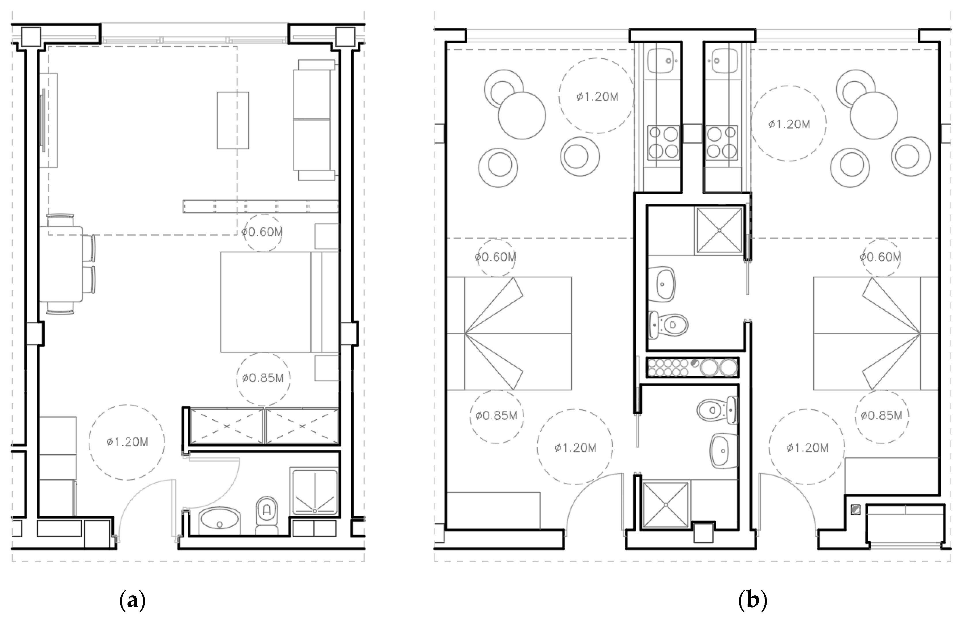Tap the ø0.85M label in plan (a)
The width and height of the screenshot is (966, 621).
pos(263,378)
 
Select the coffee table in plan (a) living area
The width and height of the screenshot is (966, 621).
pos(233,120)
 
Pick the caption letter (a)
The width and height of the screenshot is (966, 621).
pos(132,601)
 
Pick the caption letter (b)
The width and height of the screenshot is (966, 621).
pos(752,601)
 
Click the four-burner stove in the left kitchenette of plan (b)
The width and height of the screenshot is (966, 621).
pos(663,143)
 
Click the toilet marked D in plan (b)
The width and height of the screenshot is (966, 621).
pos(669,325)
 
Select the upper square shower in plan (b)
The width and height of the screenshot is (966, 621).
pos(719,231)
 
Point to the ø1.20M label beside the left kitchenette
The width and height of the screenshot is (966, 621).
pos(597,97)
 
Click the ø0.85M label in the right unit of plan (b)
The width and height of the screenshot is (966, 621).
pos(882,415)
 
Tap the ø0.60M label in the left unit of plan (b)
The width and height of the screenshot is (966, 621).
pos(496,257)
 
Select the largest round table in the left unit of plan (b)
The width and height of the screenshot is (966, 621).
pos(522,116)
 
